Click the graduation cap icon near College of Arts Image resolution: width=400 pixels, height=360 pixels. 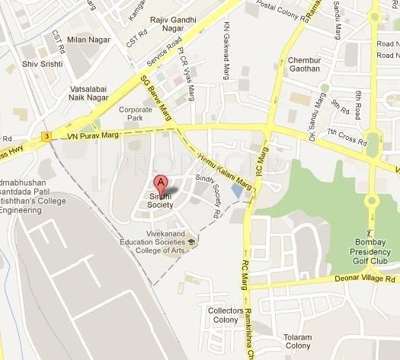click(191, 244)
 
